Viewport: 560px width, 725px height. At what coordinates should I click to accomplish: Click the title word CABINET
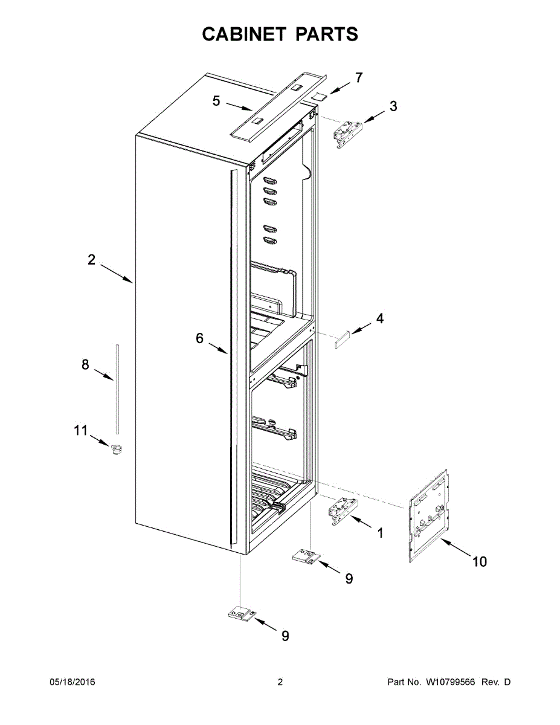[x=244, y=34]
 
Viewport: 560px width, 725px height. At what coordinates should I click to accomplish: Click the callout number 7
[x=359, y=77]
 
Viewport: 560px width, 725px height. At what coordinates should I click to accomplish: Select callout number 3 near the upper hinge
[x=393, y=107]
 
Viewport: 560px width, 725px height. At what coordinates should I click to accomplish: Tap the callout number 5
[x=216, y=100]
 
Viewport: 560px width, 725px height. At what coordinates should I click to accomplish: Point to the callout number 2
[x=91, y=260]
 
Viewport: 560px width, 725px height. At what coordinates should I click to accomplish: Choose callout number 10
[x=479, y=562]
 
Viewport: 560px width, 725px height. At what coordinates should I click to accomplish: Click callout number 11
[x=80, y=430]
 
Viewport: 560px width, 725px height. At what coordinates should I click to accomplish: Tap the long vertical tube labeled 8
[x=117, y=388]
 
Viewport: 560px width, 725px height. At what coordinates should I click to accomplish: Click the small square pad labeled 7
[x=320, y=94]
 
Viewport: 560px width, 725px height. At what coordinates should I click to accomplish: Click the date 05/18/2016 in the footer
[x=72, y=683]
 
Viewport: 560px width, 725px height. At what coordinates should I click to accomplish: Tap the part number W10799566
[x=452, y=683]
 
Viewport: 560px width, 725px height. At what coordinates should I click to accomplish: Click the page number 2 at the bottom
[x=280, y=683]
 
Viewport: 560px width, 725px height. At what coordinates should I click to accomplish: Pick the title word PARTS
[x=326, y=34]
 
